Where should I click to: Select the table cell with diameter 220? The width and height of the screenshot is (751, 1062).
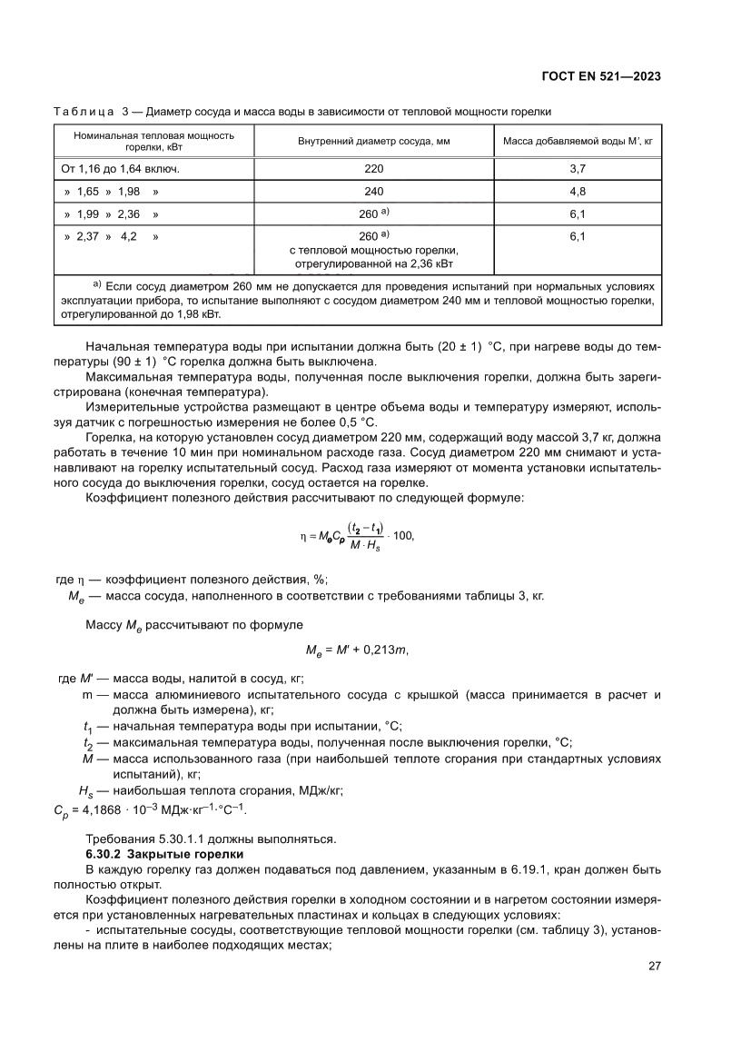[x=373, y=168]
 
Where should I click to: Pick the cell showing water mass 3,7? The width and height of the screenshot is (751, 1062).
[x=577, y=168]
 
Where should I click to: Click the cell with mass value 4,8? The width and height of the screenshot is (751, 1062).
[x=577, y=192]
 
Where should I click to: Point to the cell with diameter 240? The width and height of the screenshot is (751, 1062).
[x=373, y=192]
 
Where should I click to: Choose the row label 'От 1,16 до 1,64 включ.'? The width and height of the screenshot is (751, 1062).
[x=120, y=168]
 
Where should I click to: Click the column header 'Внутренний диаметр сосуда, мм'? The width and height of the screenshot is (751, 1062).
[x=373, y=141]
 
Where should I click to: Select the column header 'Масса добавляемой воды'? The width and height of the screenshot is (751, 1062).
[x=577, y=141]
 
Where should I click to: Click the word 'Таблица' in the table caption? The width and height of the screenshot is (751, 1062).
[x=84, y=111]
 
